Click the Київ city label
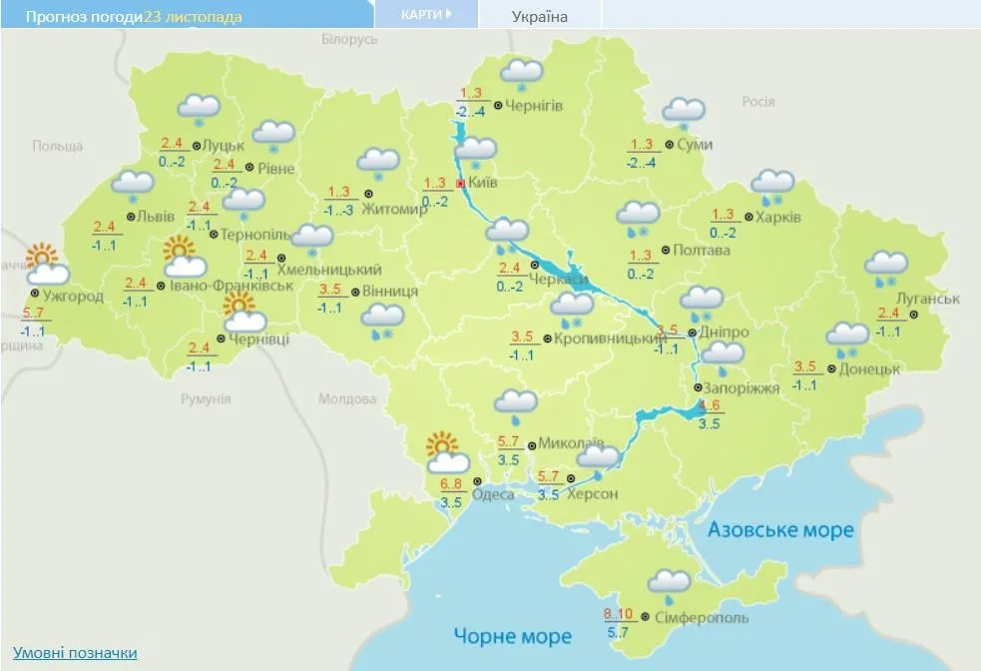(483, 184)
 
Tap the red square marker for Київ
(460, 185)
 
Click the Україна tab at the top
(539, 17)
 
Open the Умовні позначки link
(75, 653)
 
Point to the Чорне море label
(512, 636)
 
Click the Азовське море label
(780, 529)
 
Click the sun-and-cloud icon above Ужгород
(46, 265)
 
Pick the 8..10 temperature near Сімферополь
(620, 613)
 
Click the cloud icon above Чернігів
(522, 74)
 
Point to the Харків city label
(778, 218)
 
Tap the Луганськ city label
(927, 299)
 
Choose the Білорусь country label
(350, 39)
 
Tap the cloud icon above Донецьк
(848, 337)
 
